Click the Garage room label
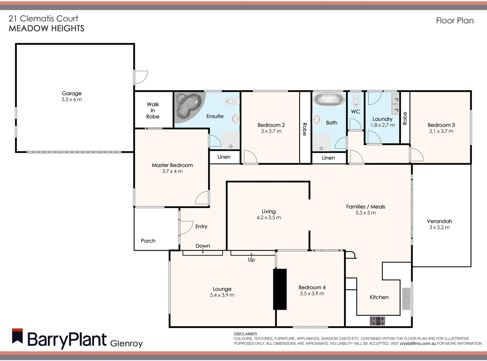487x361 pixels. tap(71, 94)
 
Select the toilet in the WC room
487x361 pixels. tap(356, 100)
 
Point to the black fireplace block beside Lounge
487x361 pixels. tap(280, 289)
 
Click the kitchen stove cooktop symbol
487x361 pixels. tap(377, 321)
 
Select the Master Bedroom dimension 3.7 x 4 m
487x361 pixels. tap(172, 171)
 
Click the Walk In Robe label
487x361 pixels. tap(153, 110)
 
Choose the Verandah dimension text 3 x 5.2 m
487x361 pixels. tap(439, 228)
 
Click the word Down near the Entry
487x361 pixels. tap(203, 246)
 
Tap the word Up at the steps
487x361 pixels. tap(251, 260)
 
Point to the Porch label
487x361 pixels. tap(148, 241)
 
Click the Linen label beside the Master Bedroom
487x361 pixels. tap(224, 157)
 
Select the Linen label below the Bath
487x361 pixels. tap(328, 158)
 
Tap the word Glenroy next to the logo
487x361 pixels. tap(126, 343)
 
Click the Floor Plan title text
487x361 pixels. tap(455, 21)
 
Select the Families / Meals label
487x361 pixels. tap(365, 207)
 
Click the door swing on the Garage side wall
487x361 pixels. tap(140, 77)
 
